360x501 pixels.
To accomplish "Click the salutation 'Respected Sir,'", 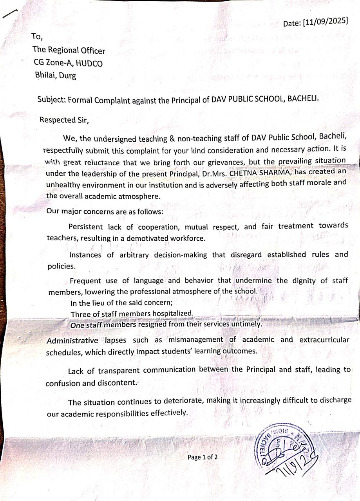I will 64,120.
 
